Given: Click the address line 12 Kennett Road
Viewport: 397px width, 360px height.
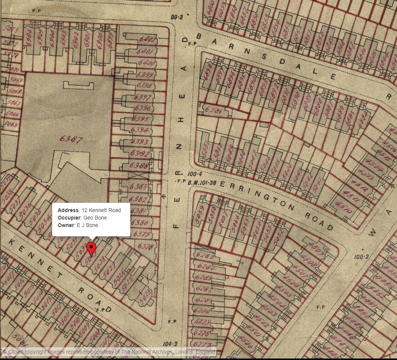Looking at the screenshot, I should tap(89, 210).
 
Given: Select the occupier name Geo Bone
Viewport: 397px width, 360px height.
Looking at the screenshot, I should tap(82, 218).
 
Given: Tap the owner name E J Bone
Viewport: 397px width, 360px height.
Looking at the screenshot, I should tap(78, 225).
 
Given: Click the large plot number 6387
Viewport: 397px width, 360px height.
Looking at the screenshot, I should tap(71, 139).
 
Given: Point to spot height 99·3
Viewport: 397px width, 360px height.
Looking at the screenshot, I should tap(176, 17).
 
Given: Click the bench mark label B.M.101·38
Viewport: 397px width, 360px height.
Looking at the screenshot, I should tap(202, 183).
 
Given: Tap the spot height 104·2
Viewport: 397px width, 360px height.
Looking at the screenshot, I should tap(170, 344).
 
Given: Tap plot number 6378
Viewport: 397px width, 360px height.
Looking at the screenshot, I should tap(145, 246).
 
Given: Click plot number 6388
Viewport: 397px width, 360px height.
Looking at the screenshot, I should tap(138, 165).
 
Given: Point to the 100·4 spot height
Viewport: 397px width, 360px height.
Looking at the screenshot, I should tap(194, 174).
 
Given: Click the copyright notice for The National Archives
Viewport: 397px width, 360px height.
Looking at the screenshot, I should tap(109, 352).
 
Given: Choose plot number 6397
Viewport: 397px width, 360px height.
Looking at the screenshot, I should tap(142, 98).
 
